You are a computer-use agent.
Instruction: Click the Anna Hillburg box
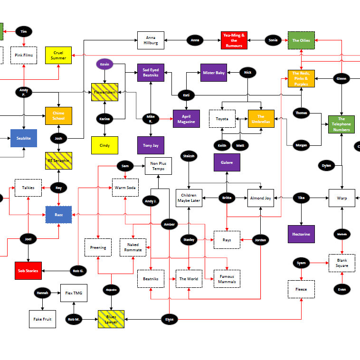pos(151,40)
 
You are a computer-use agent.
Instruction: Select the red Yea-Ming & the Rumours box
pos(234,40)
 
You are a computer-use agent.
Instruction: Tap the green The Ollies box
pos(301,40)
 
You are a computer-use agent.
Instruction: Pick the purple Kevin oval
pos(105,64)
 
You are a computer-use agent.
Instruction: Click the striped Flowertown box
pos(105,92)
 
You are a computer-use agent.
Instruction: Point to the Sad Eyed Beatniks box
pos(151,72)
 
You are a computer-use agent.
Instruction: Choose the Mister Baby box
pos(214,73)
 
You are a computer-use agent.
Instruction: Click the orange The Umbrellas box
pos(261,119)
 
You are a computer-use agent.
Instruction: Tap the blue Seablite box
pos(24,138)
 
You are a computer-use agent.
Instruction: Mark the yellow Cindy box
pos(104,145)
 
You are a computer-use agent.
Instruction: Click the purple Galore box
pos(227,162)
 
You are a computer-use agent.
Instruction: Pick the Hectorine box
pos(301,234)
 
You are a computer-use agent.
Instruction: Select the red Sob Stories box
pos(28,270)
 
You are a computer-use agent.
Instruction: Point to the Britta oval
pos(227,198)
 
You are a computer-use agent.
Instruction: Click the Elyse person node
pos(169,320)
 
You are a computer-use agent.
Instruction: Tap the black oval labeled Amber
pos(169,224)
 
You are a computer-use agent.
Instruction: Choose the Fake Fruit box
pos(42,319)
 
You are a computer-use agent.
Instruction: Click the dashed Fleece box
pos(301,289)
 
